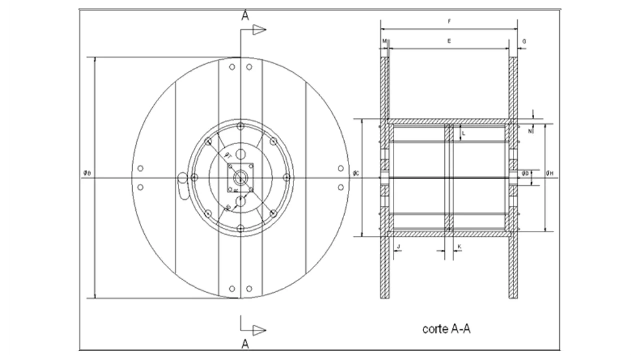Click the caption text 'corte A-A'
[x=446, y=329]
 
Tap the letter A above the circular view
[x=245, y=16]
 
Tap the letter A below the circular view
[x=245, y=344]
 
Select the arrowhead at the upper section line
[x=259, y=30]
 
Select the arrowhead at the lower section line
[x=258, y=330]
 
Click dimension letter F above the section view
[x=449, y=21]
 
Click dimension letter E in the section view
[x=449, y=41]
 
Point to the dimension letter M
[x=384, y=41]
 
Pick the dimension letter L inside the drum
[x=463, y=133]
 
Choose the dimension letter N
[x=530, y=131]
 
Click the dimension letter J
[x=398, y=246]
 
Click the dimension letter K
[x=459, y=246]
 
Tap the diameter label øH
[x=550, y=174]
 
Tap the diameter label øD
[x=525, y=173]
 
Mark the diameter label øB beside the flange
[x=87, y=173]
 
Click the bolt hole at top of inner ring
[x=240, y=126]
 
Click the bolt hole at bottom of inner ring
[x=240, y=229]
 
